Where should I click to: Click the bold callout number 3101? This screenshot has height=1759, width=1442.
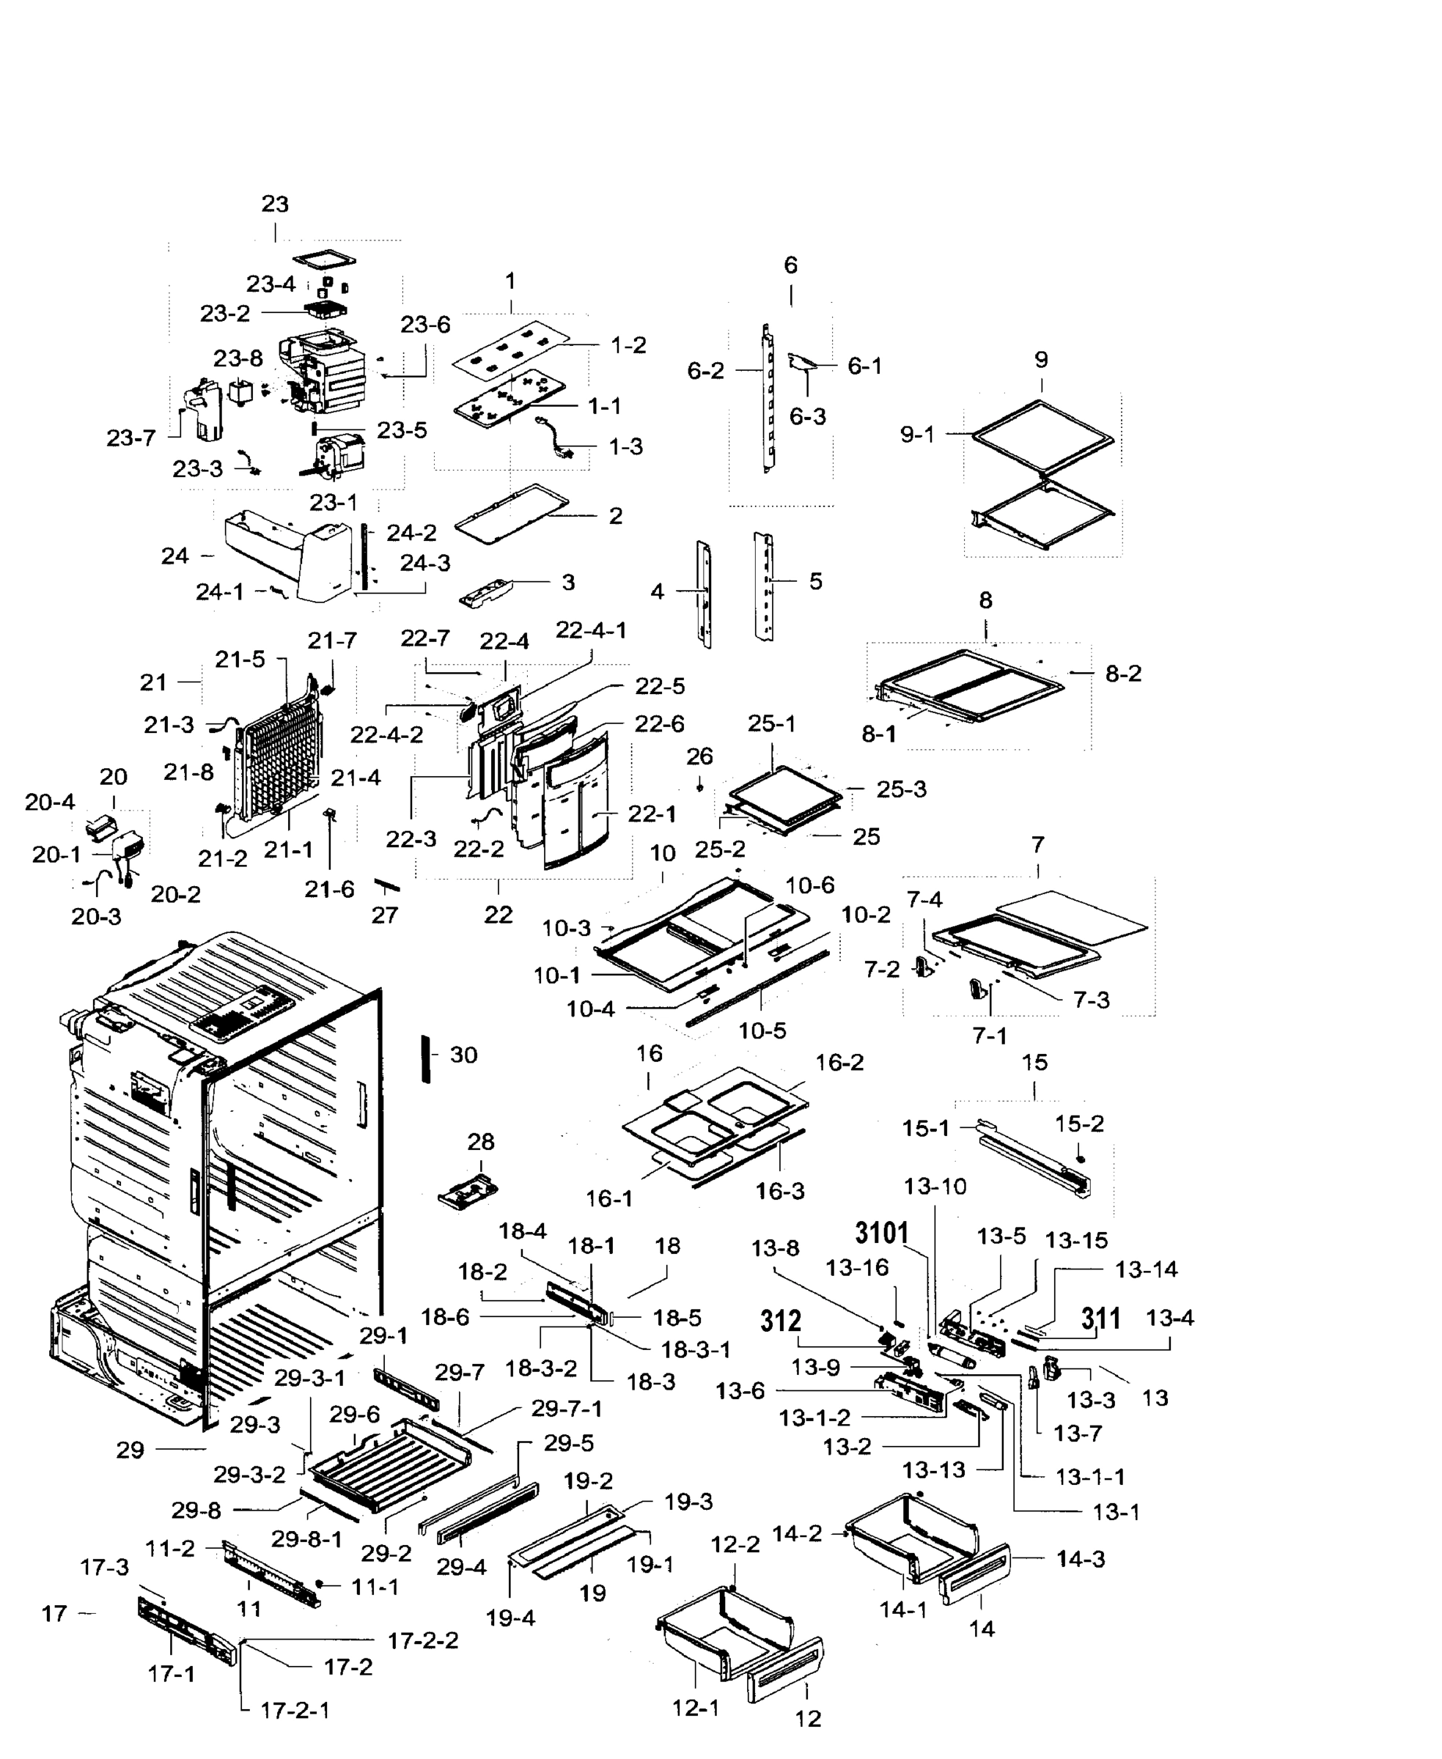point(881,1233)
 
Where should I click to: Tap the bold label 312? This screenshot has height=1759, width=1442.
point(780,1320)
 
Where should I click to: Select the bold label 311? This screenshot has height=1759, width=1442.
point(1100,1318)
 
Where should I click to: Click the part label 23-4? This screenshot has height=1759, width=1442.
point(271,284)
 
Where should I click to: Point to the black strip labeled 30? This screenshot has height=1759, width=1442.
point(426,1059)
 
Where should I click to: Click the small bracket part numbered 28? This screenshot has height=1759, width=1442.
point(468,1193)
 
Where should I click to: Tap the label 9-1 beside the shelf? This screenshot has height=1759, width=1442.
point(917,435)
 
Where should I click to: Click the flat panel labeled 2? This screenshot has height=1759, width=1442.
point(511,513)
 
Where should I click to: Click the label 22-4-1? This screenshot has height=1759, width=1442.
point(591,630)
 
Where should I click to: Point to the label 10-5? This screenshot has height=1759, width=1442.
point(762,1030)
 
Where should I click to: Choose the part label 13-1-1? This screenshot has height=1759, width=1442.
point(1090,1478)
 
